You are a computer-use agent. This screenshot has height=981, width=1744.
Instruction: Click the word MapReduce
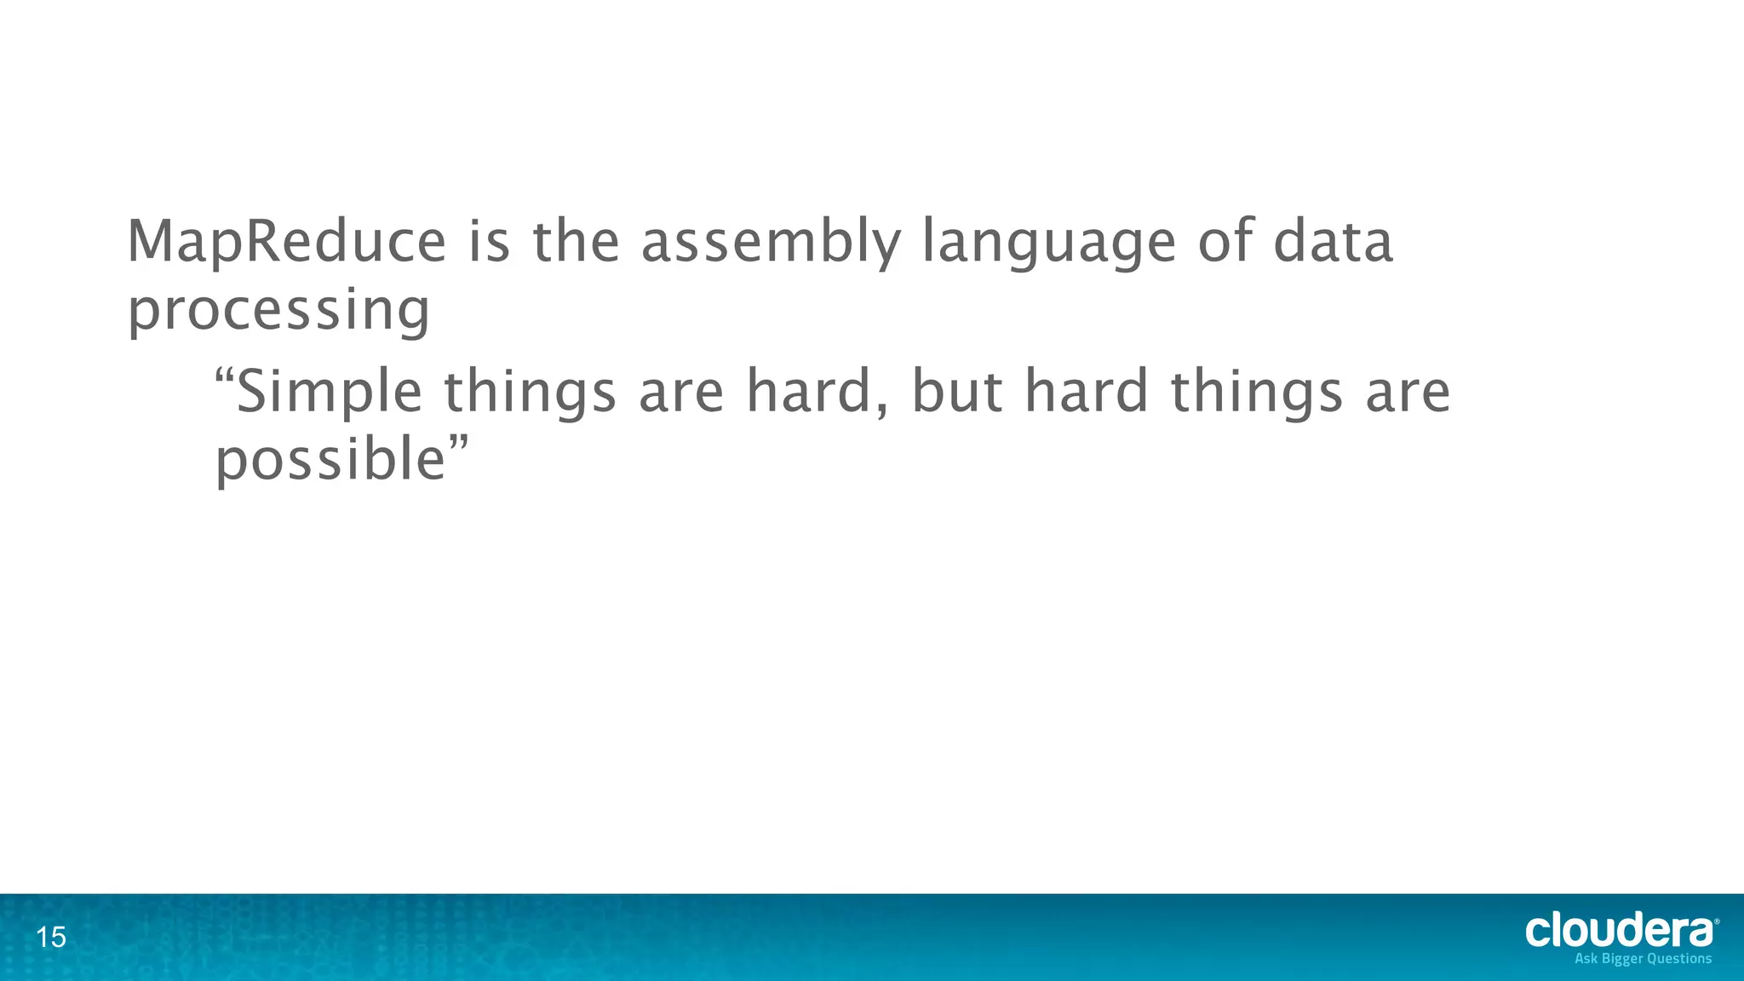click(x=286, y=243)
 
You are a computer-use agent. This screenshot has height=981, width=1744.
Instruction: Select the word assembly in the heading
click(x=770, y=243)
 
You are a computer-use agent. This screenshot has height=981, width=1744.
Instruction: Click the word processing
click(x=278, y=312)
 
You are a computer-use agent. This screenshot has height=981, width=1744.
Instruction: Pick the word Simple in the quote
click(x=328, y=393)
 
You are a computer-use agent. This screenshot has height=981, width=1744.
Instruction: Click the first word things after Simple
click(x=530, y=393)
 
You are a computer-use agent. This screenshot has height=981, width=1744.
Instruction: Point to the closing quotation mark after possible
click(x=459, y=443)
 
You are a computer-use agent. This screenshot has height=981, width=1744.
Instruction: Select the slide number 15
click(x=51, y=938)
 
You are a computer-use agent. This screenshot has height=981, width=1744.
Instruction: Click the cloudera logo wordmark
click(x=1618, y=931)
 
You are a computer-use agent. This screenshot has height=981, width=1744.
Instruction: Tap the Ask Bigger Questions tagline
click(x=1643, y=959)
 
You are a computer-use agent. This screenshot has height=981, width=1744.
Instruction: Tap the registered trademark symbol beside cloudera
click(x=1716, y=921)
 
